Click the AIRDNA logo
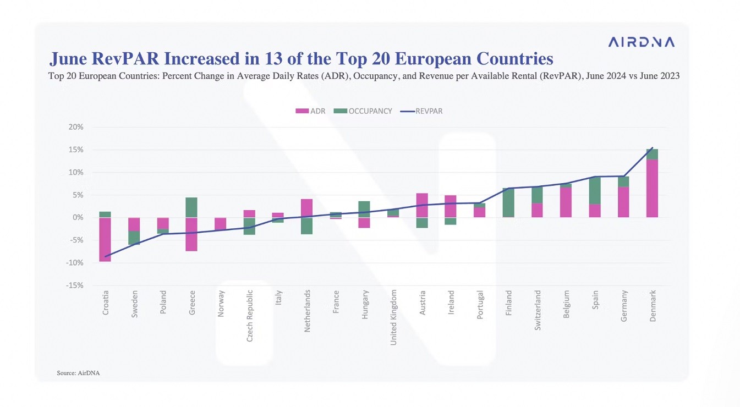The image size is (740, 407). point(641,42)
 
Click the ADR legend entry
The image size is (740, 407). point(311,111)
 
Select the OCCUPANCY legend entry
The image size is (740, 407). point(363,111)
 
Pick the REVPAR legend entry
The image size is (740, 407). point(421,111)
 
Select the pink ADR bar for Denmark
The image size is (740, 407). point(652,189)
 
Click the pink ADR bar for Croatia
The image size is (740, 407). point(105,239)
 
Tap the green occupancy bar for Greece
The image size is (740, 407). point(191,207)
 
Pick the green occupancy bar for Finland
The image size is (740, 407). point(508,203)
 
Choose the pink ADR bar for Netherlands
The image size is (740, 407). point(307,208)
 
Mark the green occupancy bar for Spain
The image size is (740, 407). point(595,191)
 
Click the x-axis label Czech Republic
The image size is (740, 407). point(250,316)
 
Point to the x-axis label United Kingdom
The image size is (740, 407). point(393,318)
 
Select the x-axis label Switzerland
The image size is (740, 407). point(538,310)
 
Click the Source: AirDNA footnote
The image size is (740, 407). point(78,373)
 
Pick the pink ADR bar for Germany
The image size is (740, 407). point(623,202)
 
